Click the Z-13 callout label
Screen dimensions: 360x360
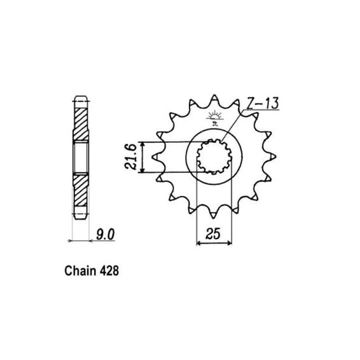pos(263,103)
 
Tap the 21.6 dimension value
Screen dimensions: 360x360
pos(131,157)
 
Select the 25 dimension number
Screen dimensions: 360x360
pos(213,234)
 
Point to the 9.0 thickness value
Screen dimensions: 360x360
pos(105,235)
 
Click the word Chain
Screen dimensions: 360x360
pos(80,271)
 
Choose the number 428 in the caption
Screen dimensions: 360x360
pos(109,271)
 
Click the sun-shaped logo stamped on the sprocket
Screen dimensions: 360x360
pos(215,118)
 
